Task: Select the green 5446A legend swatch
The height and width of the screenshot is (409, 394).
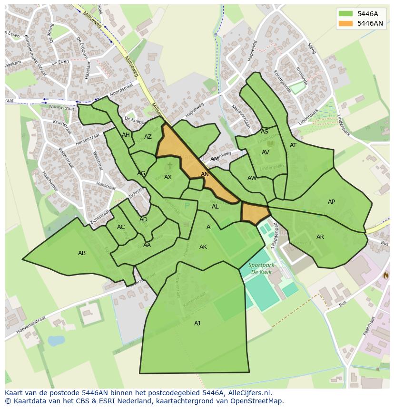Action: pyautogui.click(x=345, y=14)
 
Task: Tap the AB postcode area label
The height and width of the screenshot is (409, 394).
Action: pyautogui.click(x=82, y=253)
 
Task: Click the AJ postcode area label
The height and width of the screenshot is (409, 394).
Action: pyautogui.click(x=197, y=323)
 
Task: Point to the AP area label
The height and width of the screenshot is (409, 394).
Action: pyautogui.click(x=331, y=202)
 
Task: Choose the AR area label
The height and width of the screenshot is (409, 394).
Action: pyautogui.click(x=320, y=237)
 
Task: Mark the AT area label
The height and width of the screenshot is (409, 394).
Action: pyautogui.click(x=293, y=145)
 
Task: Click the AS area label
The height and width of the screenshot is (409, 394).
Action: pyautogui.click(x=265, y=132)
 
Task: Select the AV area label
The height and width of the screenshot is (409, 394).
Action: pyautogui.click(x=266, y=152)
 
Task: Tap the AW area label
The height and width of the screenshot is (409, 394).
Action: pyautogui.click(x=252, y=178)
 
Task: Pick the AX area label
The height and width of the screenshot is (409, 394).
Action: pyautogui.click(x=168, y=177)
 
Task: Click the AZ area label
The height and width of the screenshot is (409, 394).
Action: pyautogui.click(x=148, y=137)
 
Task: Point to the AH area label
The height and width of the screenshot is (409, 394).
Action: pyautogui.click(x=126, y=135)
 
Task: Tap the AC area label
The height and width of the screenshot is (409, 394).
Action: pyautogui.click(x=121, y=227)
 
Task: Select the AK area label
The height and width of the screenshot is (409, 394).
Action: pyautogui.click(x=203, y=247)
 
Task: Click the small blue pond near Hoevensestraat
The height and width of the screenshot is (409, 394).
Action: pyautogui.click(x=56, y=341)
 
